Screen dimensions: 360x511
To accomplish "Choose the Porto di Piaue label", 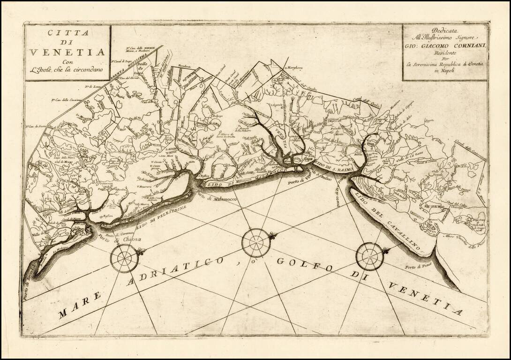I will click(417, 267).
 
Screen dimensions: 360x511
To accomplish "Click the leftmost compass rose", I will click(125, 258).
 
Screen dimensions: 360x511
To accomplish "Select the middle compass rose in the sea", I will click(255, 242).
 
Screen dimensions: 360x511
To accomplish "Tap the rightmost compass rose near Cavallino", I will click(370, 256).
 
